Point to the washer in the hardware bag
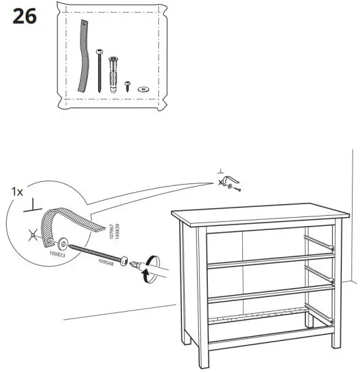click(143, 88)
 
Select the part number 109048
click(106, 263)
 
